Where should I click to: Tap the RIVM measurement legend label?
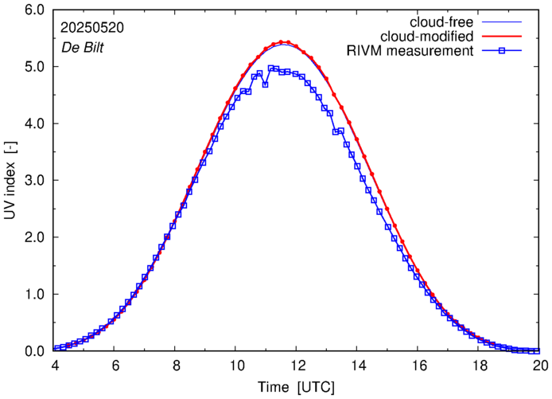pos(410,52)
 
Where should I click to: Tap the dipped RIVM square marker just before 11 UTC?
pos(265,84)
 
